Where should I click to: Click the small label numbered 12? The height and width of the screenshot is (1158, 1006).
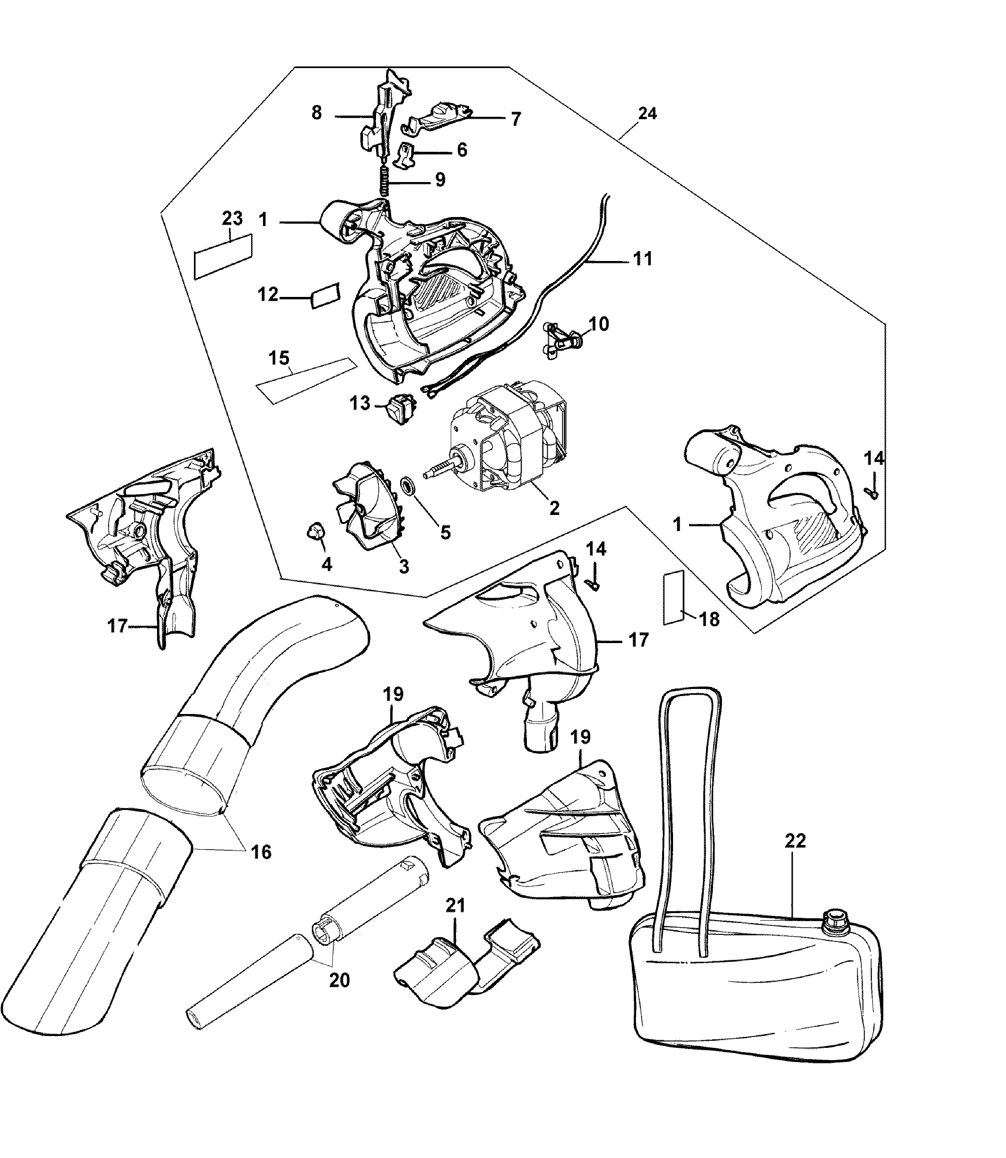click(x=325, y=295)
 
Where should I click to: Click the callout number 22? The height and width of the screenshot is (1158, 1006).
click(x=796, y=857)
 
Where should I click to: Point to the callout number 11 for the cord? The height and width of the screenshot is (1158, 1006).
click(x=642, y=259)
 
